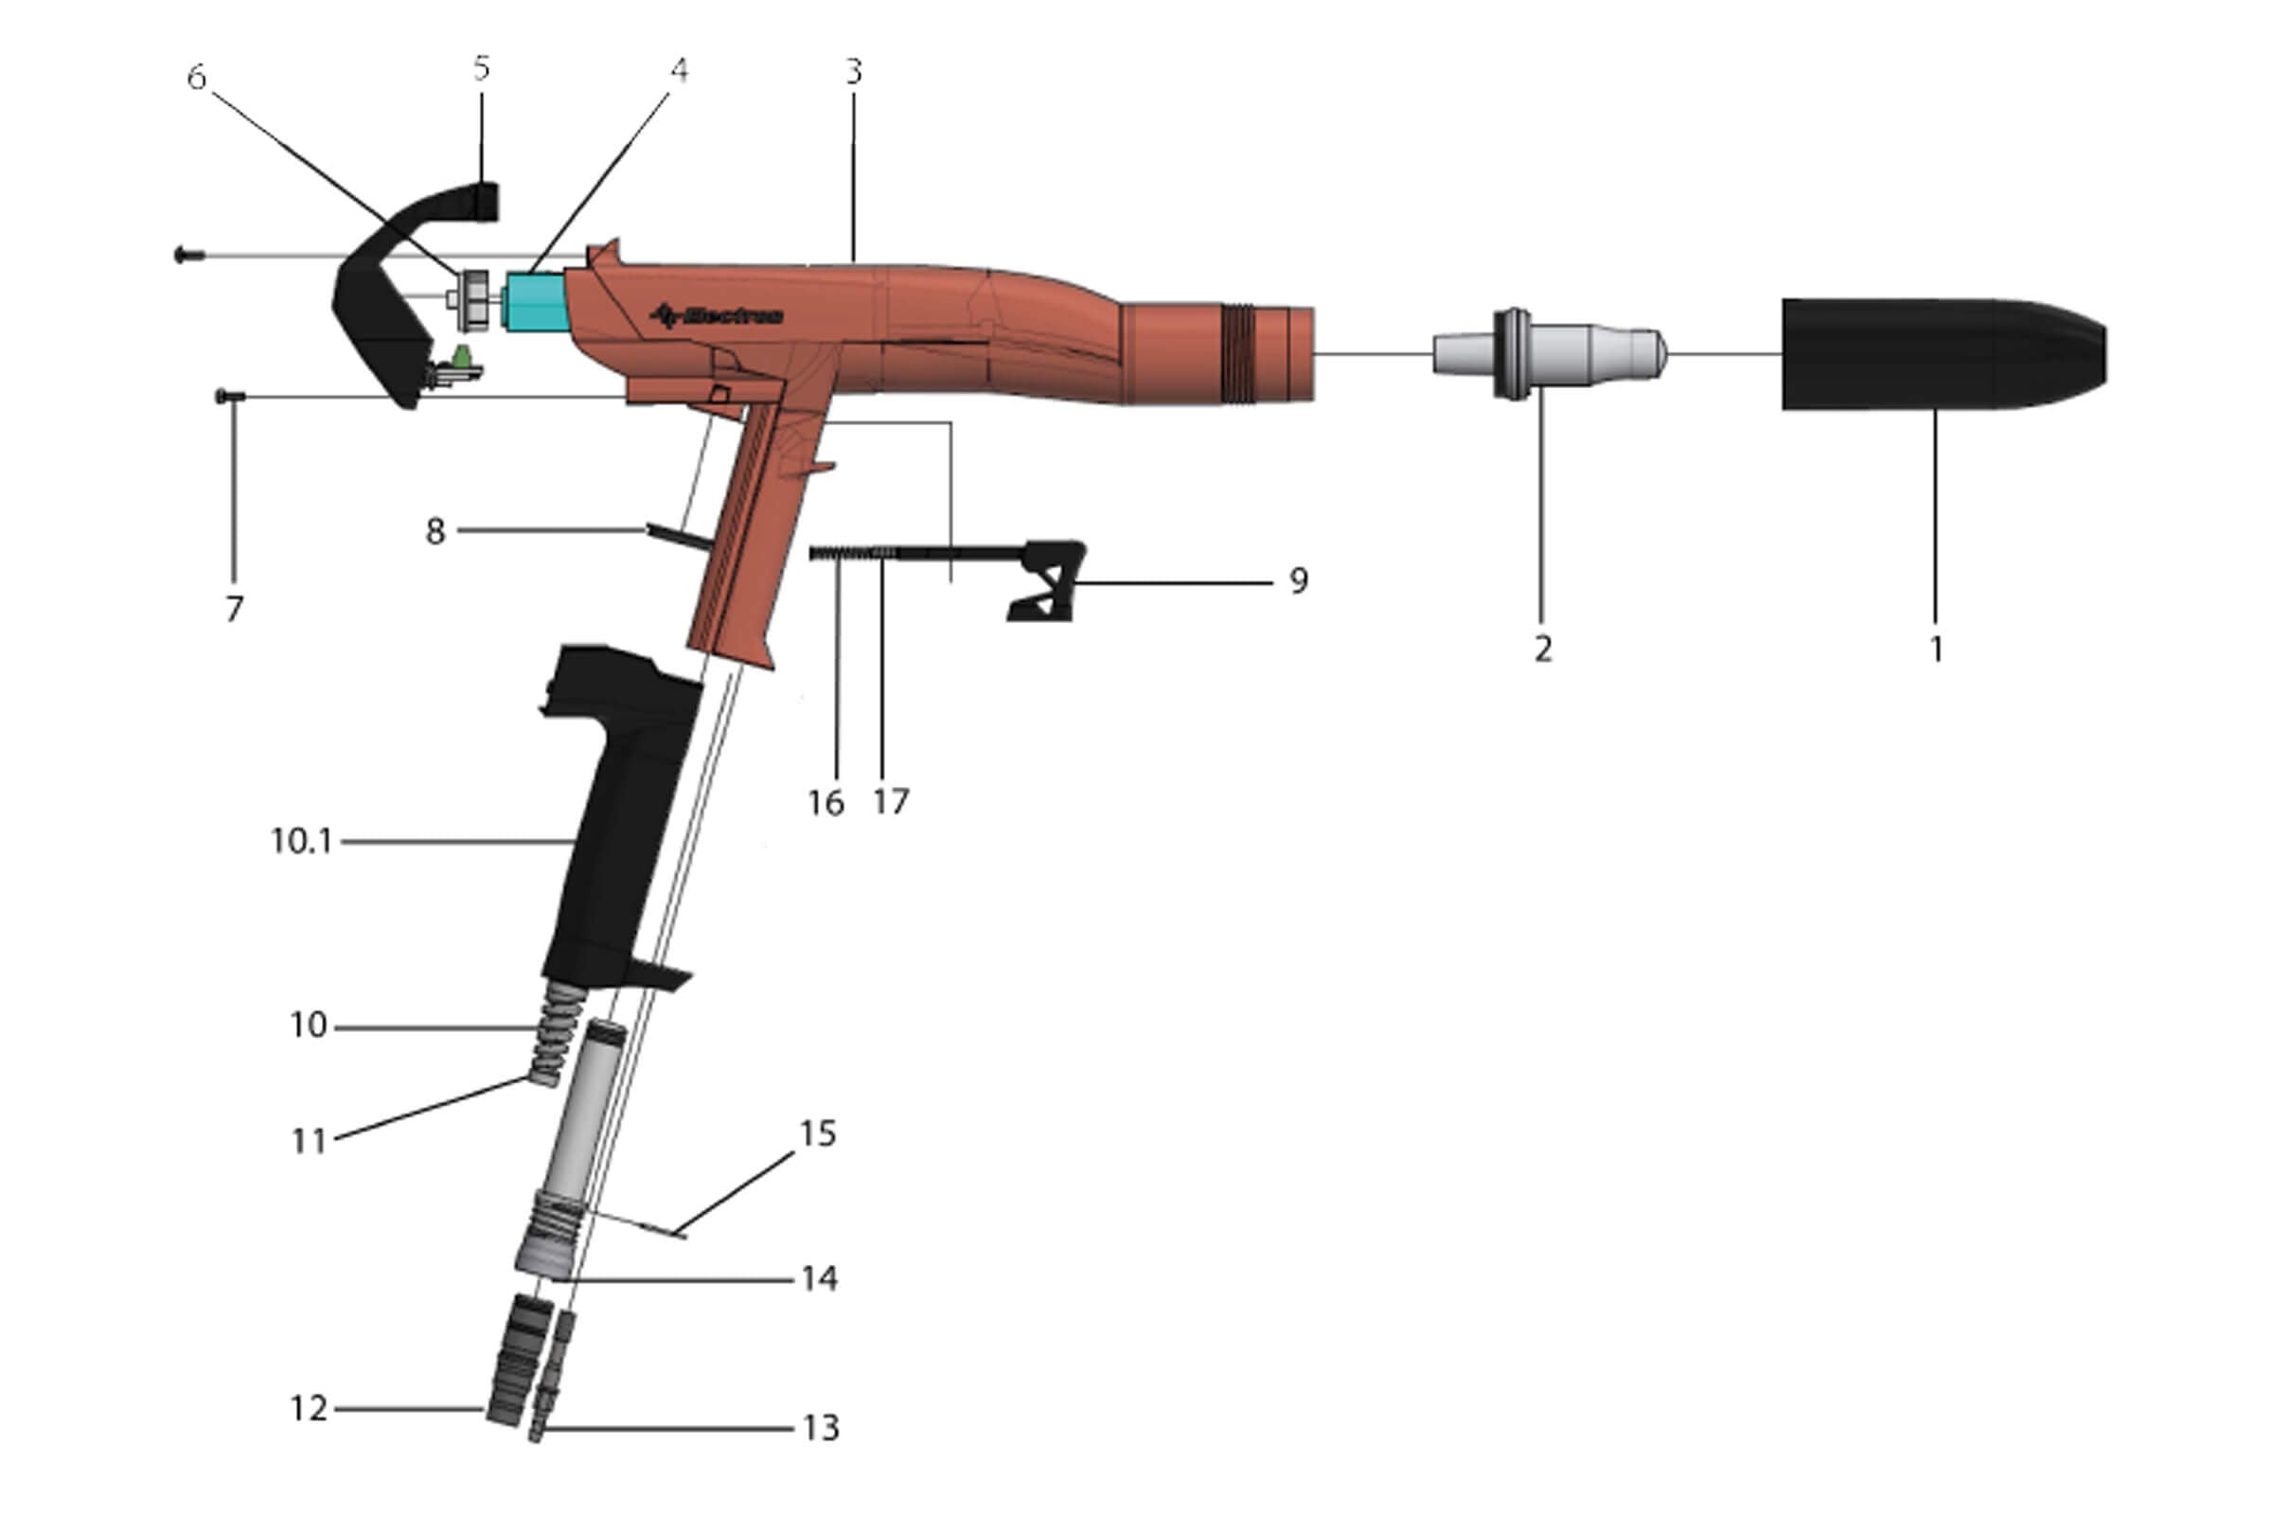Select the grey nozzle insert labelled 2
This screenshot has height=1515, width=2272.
[1546, 354]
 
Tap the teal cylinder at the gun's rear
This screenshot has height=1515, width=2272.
[536, 301]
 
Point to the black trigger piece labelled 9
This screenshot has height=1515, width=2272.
[1048, 579]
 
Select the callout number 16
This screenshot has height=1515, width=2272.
[825, 803]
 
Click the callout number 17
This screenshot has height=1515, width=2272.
[891, 801]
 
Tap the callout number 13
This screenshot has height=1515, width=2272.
[821, 1427]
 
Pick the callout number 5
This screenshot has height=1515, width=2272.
[481, 68]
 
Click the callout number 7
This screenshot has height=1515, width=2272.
[234, 610]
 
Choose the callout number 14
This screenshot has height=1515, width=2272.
[819, 1279]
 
